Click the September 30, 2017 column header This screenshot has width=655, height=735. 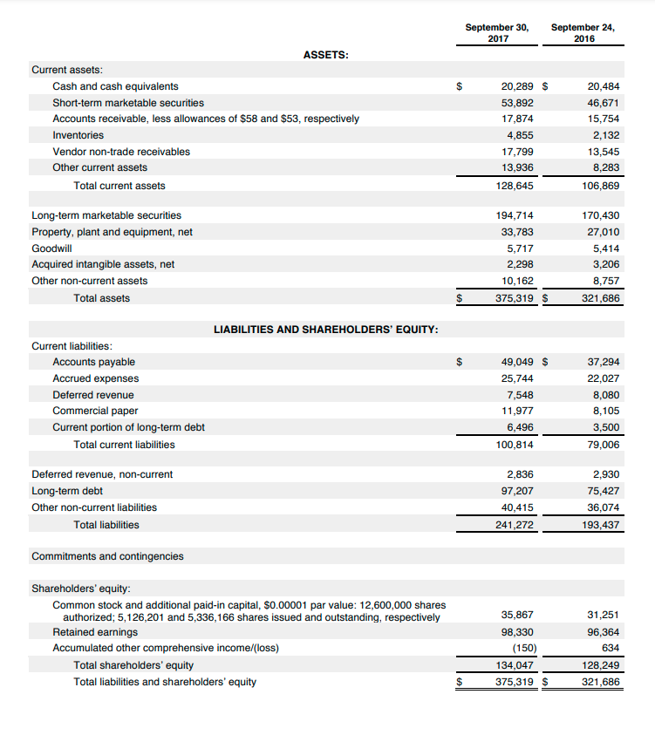pos(496,32)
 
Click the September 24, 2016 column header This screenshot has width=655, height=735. pos(582,32)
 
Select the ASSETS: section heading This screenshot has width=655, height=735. pos(326,55)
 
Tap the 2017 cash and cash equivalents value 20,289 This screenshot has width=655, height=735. pos(517,86)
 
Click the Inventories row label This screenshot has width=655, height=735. pos(78,135)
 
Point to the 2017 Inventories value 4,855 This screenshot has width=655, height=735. pos(520,135)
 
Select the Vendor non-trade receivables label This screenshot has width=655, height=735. pos(121,152)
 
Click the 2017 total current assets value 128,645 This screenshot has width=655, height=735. pos(515,186)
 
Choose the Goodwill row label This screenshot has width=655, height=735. pos(51,248)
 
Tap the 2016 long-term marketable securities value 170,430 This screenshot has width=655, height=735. pos(601,215)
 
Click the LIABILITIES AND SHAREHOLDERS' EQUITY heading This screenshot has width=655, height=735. pos(326,330)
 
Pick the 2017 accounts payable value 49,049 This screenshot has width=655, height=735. pos(517,362)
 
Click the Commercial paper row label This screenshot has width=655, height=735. pos(95,411)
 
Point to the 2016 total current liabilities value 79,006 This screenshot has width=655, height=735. pos(604,445)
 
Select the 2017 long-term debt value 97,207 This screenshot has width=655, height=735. pos(517,491)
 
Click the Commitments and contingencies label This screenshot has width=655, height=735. pos(107,556)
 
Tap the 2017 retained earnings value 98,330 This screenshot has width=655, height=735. pos(517,632)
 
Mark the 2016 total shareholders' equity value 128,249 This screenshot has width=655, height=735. pos(601,665)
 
